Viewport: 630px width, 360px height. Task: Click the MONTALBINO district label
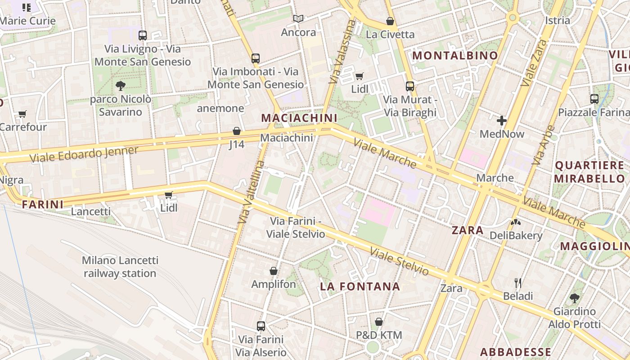[x=455, y=56]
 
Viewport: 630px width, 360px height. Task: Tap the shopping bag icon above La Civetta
[x=390, y=21]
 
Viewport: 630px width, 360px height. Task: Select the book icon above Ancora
[x=298, y=18]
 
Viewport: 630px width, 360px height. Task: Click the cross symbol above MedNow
[x=502, y=121]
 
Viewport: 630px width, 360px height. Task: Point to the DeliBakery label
[x=516, y=235]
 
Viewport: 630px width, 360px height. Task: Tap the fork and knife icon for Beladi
[x=518, y=283]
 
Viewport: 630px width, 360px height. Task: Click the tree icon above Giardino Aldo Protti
[x=574, y=298]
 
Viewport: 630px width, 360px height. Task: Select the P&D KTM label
[x=379, y=335]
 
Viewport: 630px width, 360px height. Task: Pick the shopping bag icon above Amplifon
[x=273, y=271]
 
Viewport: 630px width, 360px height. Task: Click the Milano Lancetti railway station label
[x=120, y=267]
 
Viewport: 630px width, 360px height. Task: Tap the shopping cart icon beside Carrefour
[x=22, y=114]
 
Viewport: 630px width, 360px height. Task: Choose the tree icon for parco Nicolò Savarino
[x=120, y=85]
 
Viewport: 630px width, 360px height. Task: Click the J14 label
[x=237, y=144]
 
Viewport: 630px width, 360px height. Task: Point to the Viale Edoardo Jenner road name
[x=84, y=154]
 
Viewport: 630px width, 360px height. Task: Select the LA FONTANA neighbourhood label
[x=360, y=287]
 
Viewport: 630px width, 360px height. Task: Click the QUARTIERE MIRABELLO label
[x=589, y=172]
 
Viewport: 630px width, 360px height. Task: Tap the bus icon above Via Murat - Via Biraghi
[x=409, y=86]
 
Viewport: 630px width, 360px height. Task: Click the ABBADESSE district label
[x=515, y=352]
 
